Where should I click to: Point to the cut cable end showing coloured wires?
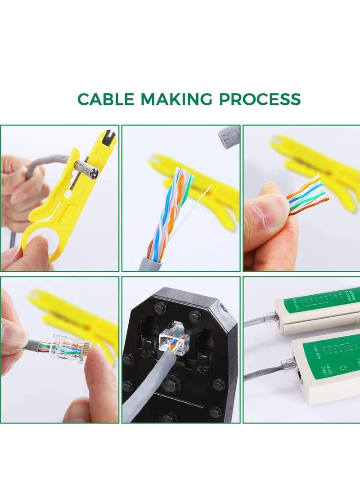tap(92, 173)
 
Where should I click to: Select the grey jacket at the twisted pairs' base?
tap(155, 264)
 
